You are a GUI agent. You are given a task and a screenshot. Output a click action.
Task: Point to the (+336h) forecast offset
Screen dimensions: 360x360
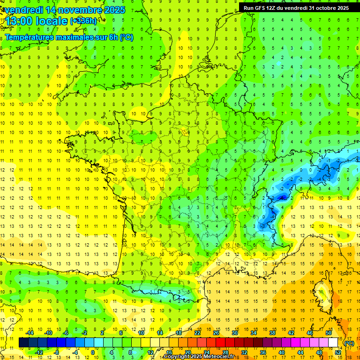pos(83,21)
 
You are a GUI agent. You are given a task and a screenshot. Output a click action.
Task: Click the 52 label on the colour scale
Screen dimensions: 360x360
pos(338,352)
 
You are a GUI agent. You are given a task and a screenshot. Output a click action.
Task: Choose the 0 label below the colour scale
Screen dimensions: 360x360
pos(93,352)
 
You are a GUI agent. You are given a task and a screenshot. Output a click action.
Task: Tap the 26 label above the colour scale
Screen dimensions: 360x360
pos(216,332)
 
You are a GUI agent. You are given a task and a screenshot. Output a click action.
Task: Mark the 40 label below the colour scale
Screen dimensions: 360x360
pos(282,352)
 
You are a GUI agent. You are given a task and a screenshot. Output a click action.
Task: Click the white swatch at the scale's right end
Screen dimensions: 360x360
pos(333,343)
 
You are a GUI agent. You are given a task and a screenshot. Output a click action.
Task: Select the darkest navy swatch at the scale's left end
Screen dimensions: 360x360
pos(23,343)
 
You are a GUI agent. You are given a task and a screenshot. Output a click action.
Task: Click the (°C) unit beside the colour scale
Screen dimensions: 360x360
pos(349,343)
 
